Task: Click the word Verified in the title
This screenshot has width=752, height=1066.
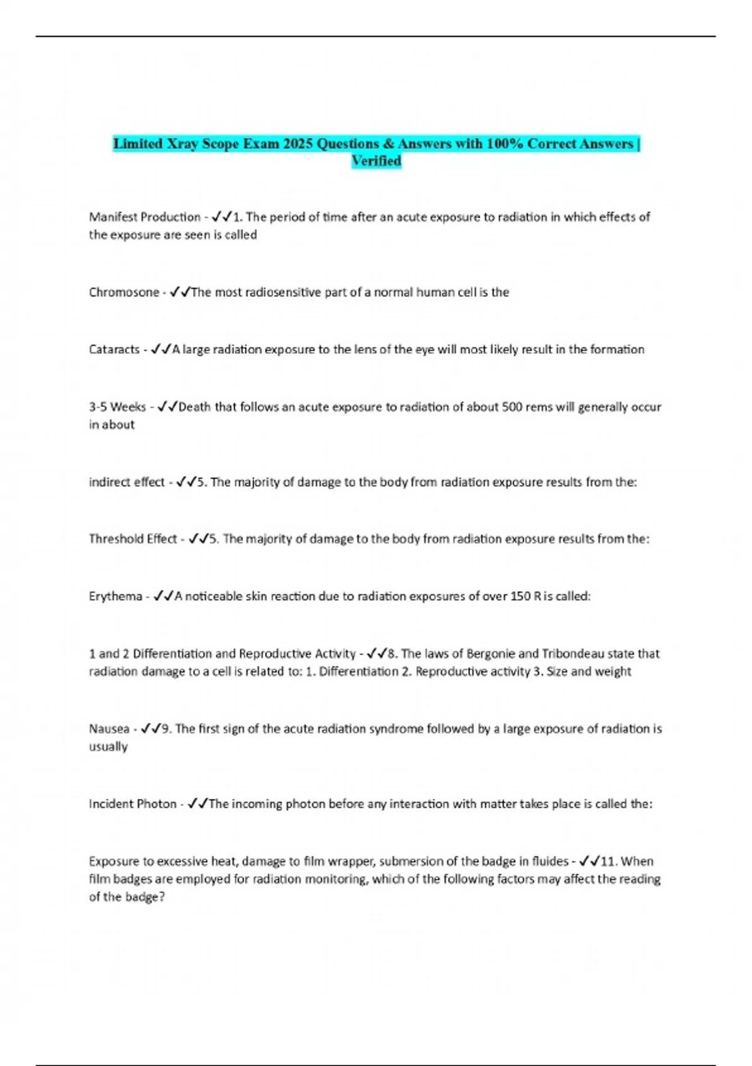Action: click(376, 161)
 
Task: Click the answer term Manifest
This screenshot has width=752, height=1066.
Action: click(114, 217)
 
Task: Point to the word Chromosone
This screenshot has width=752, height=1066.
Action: click(124, 292)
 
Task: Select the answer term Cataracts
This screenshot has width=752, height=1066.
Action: click(114, 349)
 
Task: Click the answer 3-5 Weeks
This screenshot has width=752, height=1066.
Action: click(117, 407)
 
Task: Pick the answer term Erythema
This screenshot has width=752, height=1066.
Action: click(115, 596)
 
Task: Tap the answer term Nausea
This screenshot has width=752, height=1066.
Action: click(109, 729)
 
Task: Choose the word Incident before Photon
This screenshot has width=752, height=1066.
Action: click(111, 804)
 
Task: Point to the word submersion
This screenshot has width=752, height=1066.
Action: click(409, 862)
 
